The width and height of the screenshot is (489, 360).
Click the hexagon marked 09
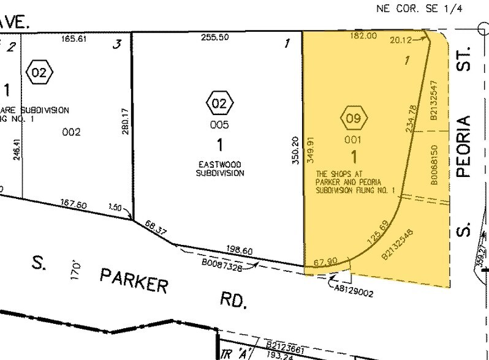click(354, 118)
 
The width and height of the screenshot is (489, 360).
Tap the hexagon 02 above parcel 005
click(219, 102)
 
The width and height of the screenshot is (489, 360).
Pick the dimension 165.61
click(72, 38)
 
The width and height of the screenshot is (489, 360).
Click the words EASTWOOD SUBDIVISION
click(220, 168)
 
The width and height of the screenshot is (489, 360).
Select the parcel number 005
click(219, 126)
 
